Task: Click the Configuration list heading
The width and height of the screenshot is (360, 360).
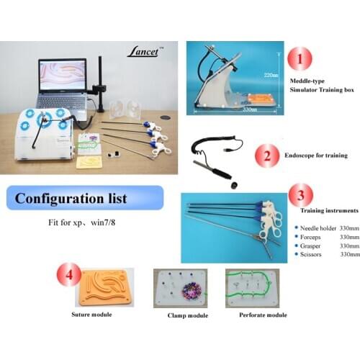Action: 71,198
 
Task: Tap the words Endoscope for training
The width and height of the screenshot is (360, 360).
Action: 316,155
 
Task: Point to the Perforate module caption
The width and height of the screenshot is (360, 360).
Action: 261,315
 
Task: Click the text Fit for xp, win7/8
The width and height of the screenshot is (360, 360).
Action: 72,224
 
